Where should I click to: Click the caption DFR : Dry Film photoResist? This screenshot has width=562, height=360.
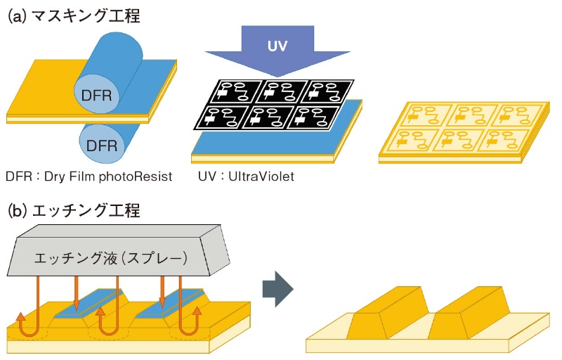87,176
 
